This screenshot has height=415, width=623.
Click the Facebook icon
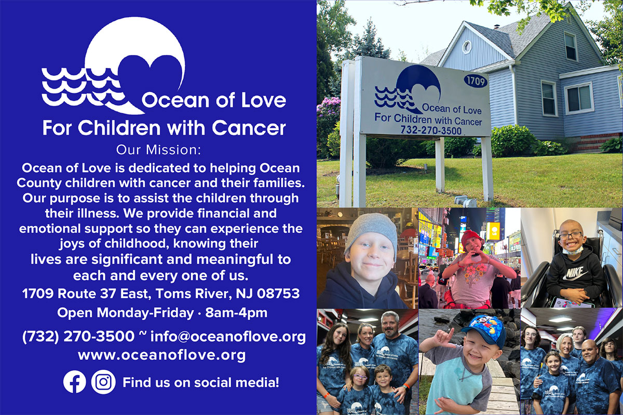pyautogui.click(x=74, y=382)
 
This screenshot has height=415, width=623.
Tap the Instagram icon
pyautogui.click(x=103, y=382)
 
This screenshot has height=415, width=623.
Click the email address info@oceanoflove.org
pyautogui.click(x=228, y=337)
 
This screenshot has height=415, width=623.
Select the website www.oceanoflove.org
pyautogui.click(x=162, y=355)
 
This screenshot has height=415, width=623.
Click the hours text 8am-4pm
pyautogui.click(x=236, y=313)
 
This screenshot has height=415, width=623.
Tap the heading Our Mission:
pyautogui.click(x=158, y=150)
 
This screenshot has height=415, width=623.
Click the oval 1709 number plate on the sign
pyautogui.click(x=476, y=81)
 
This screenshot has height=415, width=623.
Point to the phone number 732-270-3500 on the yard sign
pyautogui.click(x=431, y=130)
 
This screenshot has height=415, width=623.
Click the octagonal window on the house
pyautogui.click(x=467, y=47)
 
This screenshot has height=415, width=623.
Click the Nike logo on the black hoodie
pyautogui.click(x=575, y=273)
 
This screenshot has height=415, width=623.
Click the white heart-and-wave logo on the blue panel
pyautogui.click(x=114, y=65)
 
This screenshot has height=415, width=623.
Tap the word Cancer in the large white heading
pyautogui.click(x=249, y=128)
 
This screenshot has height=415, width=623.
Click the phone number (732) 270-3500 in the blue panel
pyautogui.click(x=78, y=337)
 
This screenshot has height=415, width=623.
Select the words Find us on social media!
pyautogui.click(x=201, y=382)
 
